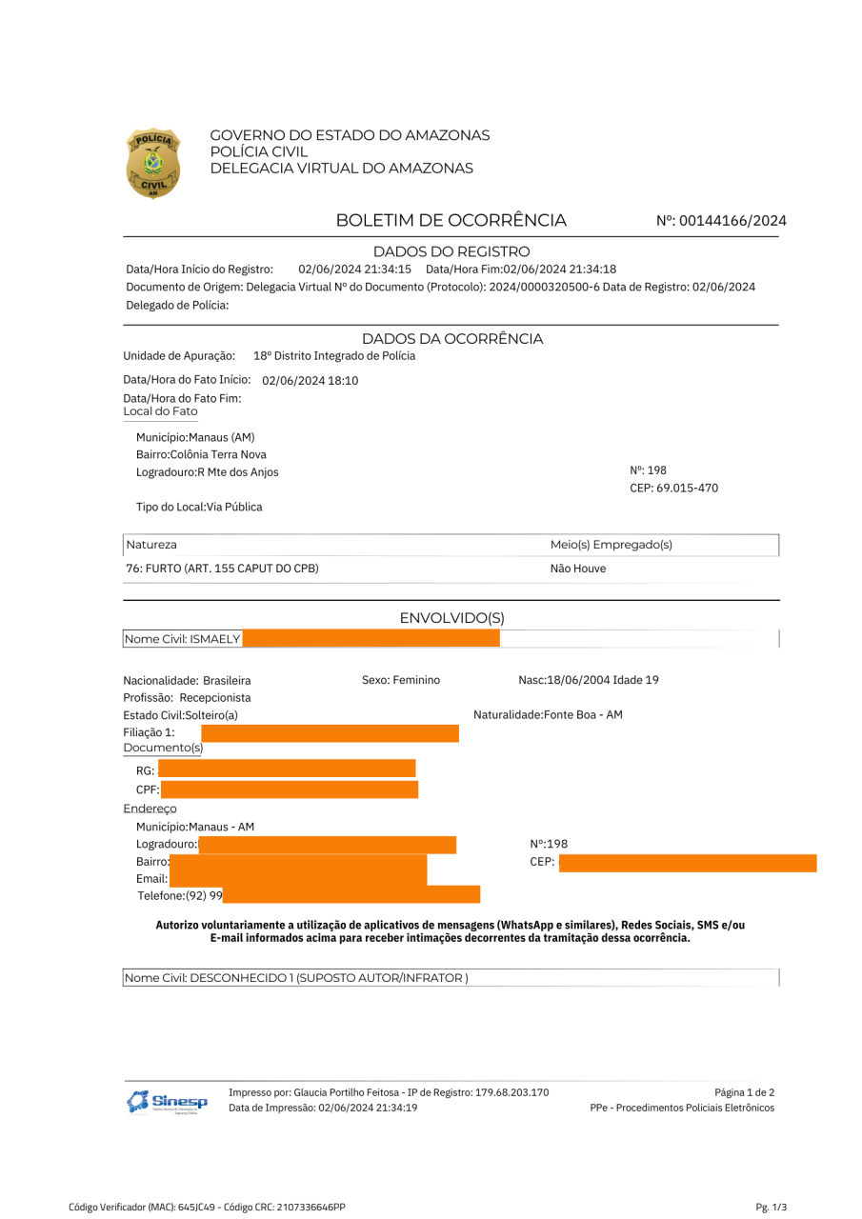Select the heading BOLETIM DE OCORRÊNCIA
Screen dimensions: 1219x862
[451, 221]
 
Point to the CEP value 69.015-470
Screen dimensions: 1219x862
[674, 489]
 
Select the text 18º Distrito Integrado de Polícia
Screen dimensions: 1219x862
[334, 356]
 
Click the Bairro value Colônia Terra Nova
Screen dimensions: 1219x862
[218, 454]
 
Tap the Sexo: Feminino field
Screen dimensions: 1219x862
[401, 680]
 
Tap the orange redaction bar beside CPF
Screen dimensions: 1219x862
[290, 789]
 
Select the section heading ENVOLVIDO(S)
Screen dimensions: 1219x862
[451, 618]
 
